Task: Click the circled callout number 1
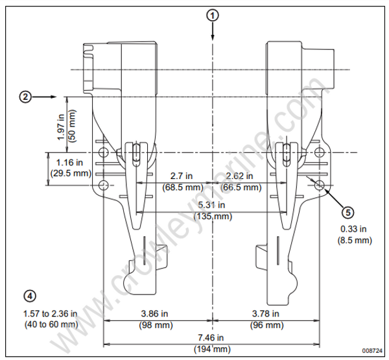click(212, 14)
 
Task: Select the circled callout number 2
click(25, 97)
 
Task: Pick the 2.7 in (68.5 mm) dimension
click(180, 181)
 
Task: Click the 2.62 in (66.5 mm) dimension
click(241, 181)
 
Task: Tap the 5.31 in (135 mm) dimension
click(213, 210)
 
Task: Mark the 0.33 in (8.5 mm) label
click(355, 234)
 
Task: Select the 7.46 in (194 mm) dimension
click(212, 343)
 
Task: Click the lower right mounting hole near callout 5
click(320, 186)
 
